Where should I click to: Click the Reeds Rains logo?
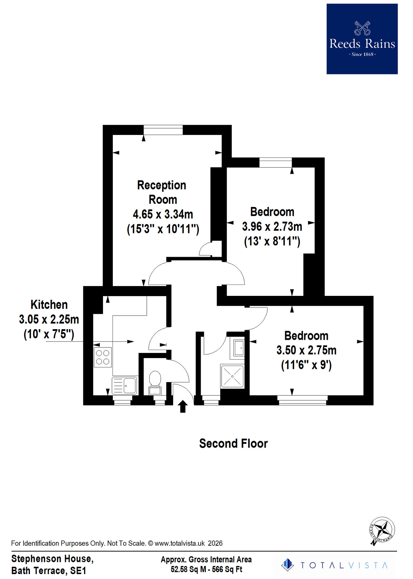click(x=362, y=39)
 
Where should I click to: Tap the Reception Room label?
click(x=162, y=192)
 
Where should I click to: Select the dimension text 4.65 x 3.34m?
click(x=163, y=215)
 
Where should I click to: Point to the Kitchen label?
click(x=49, y=305)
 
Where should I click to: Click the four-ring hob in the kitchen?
click(x=103, y=357)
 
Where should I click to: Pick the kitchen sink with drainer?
click(x=124, y=385)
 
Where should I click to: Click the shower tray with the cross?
click(x=232, y=376)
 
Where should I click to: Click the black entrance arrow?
click(x=183, y=406)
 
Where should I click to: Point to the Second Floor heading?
click(x=233, y=444)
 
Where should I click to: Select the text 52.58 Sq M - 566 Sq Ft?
click(x=206, y=569)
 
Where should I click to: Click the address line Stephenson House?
click(x=52, y=559)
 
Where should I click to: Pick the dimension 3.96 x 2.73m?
click(x=272, y=227)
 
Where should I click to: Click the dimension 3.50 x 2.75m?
click(x=306, y=350)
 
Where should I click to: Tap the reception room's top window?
click(x=163, y=130)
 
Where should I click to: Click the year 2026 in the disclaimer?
click(x=215, y=543)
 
